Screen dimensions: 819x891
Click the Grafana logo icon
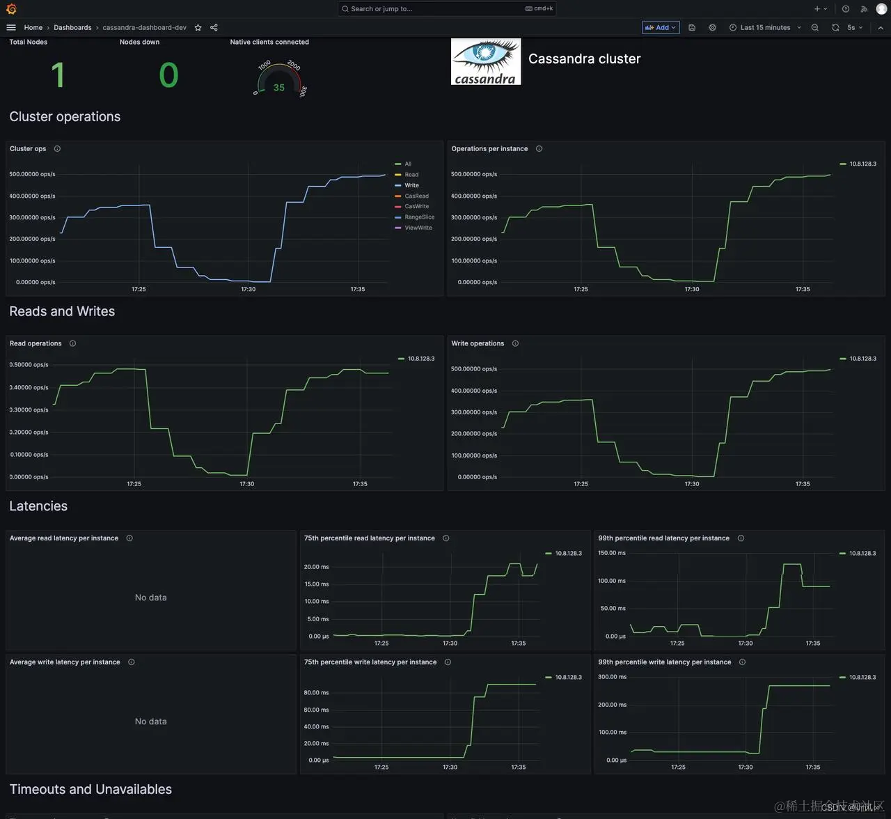pos(11,9)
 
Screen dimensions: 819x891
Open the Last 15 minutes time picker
pos(765,27)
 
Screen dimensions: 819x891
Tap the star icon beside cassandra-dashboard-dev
pos(198,27)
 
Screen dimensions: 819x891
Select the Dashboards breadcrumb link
pos(72,27)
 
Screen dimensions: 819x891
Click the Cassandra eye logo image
pos(486,61)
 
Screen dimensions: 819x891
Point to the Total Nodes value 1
pos(58,75)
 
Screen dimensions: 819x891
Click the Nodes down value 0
pos(168,75)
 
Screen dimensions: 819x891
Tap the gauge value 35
pos(279,88)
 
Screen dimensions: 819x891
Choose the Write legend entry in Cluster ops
pos(411,185)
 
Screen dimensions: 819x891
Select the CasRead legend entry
pos(416,196)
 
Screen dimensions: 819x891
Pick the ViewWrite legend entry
pos(418,228)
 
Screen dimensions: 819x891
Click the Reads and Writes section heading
pos(62,311)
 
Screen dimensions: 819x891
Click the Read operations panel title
pos(36,343)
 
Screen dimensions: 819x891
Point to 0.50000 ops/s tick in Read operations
pos(29,365)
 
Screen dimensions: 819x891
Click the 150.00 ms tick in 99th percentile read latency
pos(611,553)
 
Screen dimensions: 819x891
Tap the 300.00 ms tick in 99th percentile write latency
pos(612,677)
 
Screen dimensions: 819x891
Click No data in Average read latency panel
pos(150,598)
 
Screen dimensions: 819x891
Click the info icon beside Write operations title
pos(515,343)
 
